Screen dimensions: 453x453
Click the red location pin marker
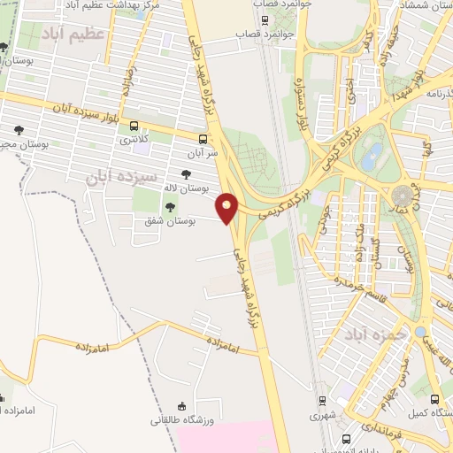pos(227,207)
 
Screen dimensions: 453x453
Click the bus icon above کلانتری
pos(134,126)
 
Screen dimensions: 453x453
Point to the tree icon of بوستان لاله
pos(185,175)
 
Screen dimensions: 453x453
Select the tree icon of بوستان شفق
pos(170,206)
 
